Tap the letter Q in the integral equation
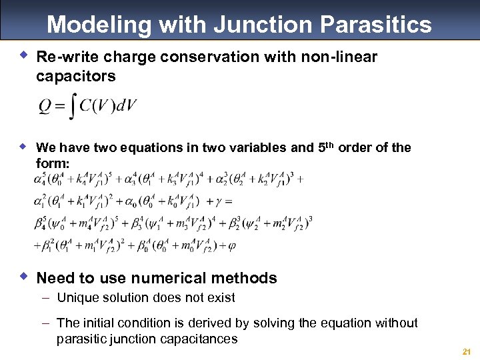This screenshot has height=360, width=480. (44, 107)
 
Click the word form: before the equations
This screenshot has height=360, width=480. (53, 163)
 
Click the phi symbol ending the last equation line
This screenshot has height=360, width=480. (231, 245)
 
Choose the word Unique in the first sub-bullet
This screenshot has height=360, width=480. (78, 298)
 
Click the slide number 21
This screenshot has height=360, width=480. (465, 351)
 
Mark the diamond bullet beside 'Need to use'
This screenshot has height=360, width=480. (24, 276)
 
